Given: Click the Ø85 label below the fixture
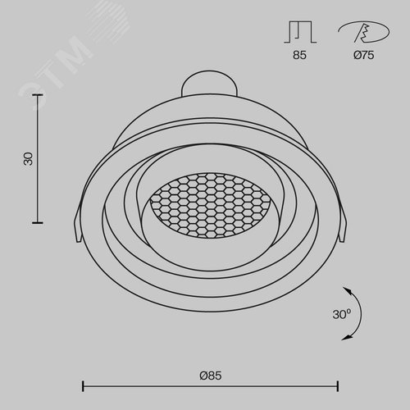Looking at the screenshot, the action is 211,376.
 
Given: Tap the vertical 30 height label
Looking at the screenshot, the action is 28,159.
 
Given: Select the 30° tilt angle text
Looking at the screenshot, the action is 342,314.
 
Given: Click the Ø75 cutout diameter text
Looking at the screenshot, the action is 363,55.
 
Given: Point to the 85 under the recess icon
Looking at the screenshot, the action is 299,55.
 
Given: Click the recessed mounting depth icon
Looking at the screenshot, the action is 300,32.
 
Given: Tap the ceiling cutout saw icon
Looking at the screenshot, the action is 364,32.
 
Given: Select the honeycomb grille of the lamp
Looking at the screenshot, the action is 210,205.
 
